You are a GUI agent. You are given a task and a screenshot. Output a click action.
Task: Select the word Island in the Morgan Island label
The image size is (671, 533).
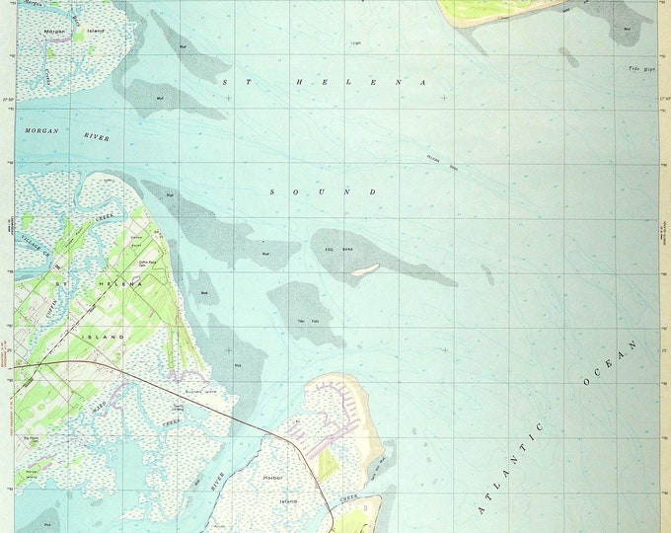point(95,32)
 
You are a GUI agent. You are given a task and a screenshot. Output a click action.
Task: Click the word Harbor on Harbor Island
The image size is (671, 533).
point(273,479)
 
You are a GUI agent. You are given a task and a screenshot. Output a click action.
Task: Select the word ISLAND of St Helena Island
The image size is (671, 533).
point(111,337)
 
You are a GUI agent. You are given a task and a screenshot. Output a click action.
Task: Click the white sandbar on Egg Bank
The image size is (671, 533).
point(366,267)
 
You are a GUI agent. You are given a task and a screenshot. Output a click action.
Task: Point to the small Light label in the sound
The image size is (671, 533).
point(355,43)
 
